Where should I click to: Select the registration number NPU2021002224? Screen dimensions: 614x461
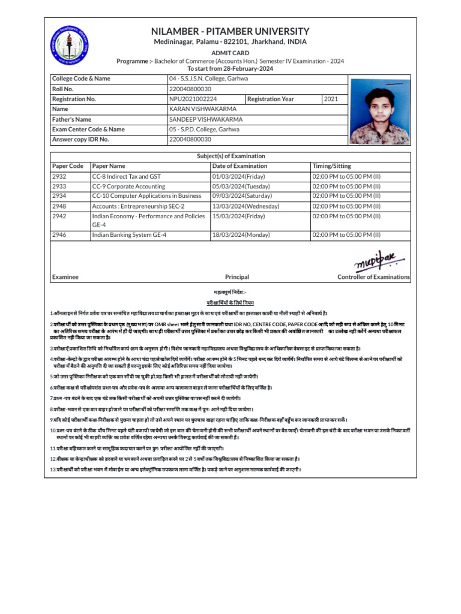point(193,98)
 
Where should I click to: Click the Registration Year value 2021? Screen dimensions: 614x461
point(331,98)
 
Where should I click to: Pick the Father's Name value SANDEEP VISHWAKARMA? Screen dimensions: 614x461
point(206,119)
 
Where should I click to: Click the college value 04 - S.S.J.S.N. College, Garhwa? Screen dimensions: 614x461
point(208,79)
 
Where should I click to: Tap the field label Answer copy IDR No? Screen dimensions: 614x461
point(80,139)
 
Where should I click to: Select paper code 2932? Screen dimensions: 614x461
point(59,176)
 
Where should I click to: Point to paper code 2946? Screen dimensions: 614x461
point(59,235)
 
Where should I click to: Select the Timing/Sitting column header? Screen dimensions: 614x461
point(332,166)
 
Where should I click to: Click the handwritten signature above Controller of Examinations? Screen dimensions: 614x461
point(375,260)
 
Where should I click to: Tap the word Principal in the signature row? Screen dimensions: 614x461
point(237,277)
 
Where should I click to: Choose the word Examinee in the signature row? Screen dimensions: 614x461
point(65,277)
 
